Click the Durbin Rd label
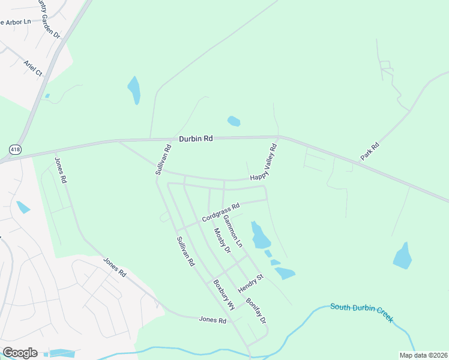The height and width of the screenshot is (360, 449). tap(196, 139)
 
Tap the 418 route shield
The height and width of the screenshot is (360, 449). tap(15, 148)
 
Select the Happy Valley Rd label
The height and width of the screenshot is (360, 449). tap(264, 162)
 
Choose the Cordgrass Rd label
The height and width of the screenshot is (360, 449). tap(220, 211)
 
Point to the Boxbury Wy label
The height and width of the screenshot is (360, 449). tap(224, 294)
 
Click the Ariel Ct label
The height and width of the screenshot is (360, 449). tap(33, 68)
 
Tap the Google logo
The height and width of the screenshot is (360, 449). tap(20, 352)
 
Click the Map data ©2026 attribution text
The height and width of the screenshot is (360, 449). tap(423, 355)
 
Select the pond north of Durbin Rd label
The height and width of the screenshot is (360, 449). tap(234, 121)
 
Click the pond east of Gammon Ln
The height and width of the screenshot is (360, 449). tap(260, 235)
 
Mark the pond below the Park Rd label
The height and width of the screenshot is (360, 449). tap(403, 256)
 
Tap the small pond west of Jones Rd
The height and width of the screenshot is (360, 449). tap(23, 207)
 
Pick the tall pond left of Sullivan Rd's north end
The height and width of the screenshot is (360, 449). tap(134, 90)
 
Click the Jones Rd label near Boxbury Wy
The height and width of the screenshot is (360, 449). tap(213, 320)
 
